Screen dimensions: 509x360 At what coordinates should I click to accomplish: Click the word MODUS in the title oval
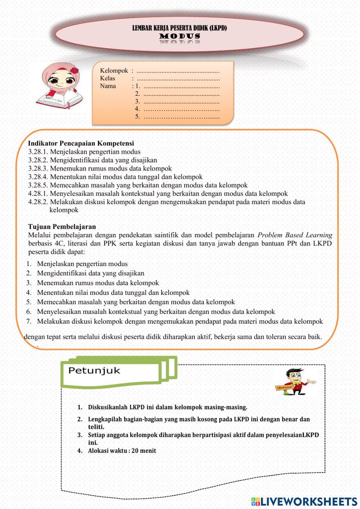(180, 36)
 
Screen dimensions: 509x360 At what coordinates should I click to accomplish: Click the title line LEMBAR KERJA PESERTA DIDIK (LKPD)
(179, 28)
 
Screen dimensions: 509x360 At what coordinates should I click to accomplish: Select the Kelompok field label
(114, 71)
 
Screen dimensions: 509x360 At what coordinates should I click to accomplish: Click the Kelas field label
(108, 78)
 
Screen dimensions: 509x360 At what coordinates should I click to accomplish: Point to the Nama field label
(108, 86)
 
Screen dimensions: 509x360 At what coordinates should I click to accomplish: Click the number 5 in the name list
(137, 116)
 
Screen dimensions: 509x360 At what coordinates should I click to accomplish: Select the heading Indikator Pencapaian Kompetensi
(81, 143)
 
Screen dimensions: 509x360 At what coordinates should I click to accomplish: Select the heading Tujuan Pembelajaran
(62, 226)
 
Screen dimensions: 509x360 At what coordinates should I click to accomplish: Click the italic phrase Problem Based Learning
(294, 235)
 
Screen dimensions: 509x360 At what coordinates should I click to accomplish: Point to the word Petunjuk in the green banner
(94, 370)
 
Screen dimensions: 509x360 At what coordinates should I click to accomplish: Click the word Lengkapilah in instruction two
(105, 419)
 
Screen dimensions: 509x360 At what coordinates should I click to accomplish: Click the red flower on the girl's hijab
(74, 70)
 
